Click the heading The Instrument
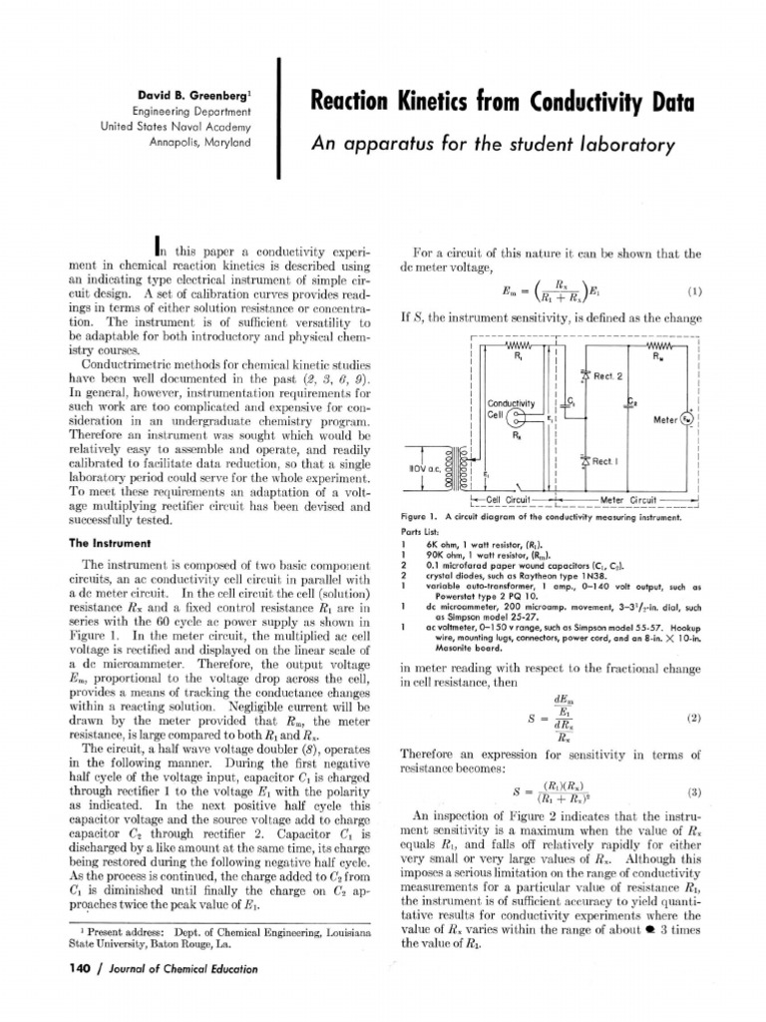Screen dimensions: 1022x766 pyautogui.click(x=109, y=544)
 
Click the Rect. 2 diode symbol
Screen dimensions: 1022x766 pyautogui.click(x=583, y=376)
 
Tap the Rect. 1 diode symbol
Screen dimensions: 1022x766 pyautogui.click(x=583, y=461)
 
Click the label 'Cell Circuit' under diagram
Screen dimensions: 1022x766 pyautogui.click(x=507, y=499)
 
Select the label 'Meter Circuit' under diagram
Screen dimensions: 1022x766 pyautogui.click(x=627, y=499)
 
